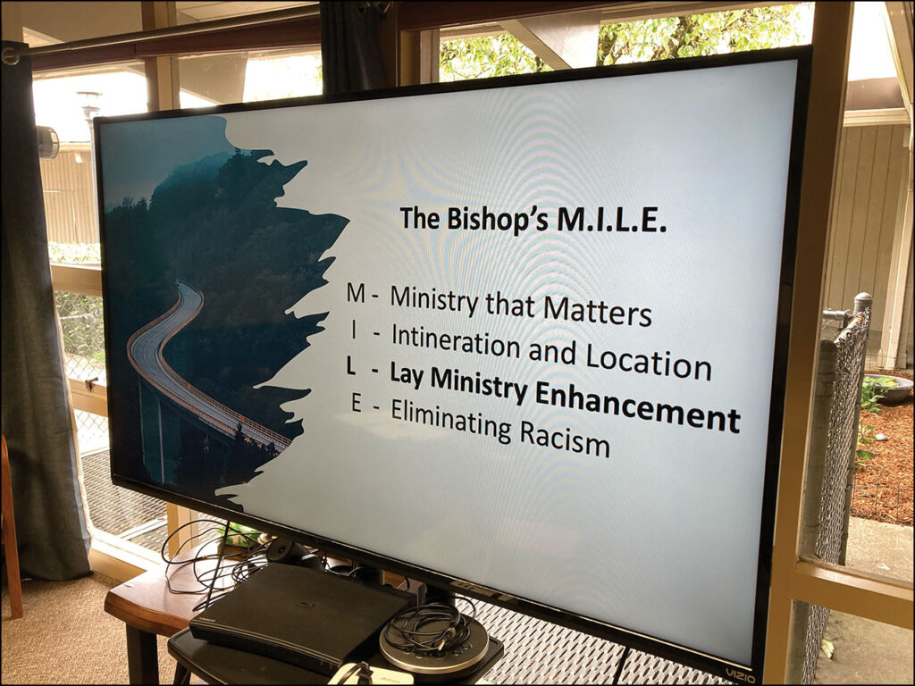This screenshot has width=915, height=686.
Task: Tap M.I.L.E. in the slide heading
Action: click(611, 222)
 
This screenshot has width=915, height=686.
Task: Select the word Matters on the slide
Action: click(597, 311)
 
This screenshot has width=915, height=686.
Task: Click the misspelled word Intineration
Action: click(456, 342)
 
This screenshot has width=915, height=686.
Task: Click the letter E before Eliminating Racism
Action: click(357, 403)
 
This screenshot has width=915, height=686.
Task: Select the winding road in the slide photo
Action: click(193, 373)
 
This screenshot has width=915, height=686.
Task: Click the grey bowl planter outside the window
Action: click(889, 389)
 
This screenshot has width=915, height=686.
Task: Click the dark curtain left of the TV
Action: click(46, 315)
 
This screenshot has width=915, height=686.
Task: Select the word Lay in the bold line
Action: click(407, 376)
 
